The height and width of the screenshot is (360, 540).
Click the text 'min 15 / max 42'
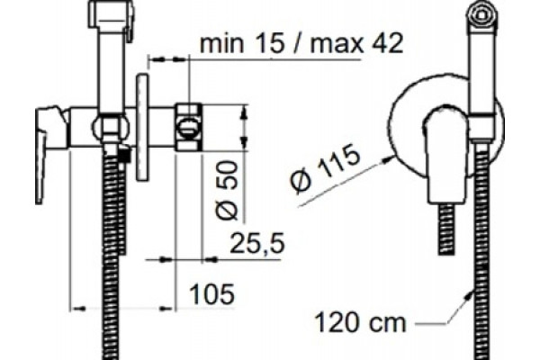point(301,44)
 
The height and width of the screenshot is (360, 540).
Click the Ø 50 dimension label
point(227,190)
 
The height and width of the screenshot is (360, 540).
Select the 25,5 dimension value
point(257,243)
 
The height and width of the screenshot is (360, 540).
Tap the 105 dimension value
point(211,294)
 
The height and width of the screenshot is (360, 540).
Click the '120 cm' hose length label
point(360,322)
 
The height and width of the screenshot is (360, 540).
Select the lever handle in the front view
point(445,155)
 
